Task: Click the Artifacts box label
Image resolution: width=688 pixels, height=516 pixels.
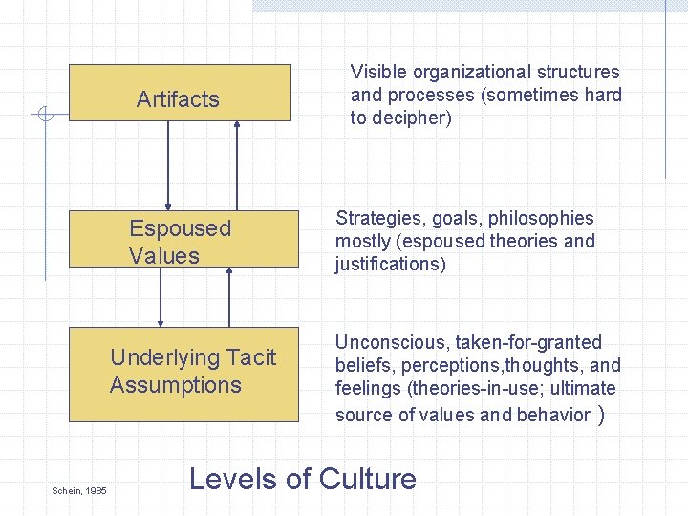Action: [178, 99]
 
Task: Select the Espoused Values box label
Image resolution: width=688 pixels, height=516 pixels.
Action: [180, 242]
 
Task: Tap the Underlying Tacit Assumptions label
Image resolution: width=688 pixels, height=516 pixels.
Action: [192, 371]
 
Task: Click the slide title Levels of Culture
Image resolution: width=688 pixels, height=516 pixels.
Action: [303, 478]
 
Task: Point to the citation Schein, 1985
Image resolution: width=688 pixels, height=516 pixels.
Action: [79, 490]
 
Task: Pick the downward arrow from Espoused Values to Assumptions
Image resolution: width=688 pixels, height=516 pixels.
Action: [161, 297]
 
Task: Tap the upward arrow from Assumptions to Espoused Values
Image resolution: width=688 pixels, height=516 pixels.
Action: [229, 297]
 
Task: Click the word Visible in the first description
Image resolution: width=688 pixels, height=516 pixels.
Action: [379, 72]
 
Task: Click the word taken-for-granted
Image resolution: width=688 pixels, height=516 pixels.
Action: [530, 342]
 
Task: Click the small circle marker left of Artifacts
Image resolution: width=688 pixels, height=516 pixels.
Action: [43, 116]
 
